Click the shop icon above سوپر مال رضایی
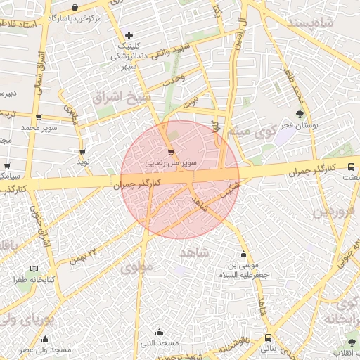[x=171, y=152]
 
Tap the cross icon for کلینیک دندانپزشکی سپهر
[x=129, y=35]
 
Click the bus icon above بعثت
[x=352, y=166]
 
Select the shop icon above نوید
[x=83, y=150]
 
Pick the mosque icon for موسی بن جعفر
[x=244, y=255]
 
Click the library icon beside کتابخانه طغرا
[x=35, y=269]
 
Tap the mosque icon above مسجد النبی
[x=159, y=333]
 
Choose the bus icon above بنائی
[x=268, y=337]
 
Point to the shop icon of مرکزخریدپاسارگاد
[x=75, y=7]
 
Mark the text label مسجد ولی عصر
[x=45, y=349]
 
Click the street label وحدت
[x=173, y=80]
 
